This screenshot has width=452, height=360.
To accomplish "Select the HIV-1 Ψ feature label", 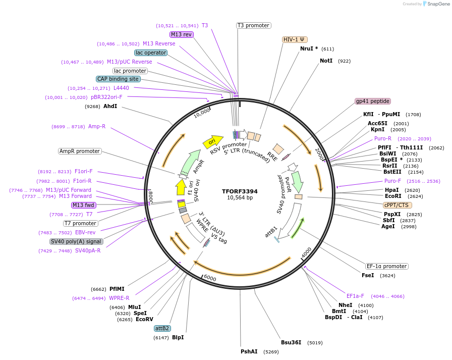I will click(295, 39).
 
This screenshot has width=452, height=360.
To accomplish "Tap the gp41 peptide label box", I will click(373, 101).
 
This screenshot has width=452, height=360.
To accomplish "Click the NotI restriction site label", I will click(326, 61).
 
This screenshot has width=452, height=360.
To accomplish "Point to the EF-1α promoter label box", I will click(386, 266).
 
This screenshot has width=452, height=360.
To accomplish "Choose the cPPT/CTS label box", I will click(398, 205).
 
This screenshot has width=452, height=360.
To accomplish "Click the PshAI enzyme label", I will click(249, 351).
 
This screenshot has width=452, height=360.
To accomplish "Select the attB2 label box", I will click(162, 328).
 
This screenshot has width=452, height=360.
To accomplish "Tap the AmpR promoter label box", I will click(80, 151).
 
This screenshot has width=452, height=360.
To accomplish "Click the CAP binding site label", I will click(118, 79).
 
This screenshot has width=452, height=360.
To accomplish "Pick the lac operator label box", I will click(151, 53).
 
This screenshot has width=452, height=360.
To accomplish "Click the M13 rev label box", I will click(181, 34).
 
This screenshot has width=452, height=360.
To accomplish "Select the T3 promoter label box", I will click(253, 25).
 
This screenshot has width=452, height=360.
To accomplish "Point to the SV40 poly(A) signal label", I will click(76, 241).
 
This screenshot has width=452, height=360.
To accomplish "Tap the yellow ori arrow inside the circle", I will click(212, 141).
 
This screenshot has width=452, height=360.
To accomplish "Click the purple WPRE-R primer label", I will click(119, 298).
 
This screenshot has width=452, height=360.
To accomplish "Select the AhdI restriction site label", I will click(110, 107).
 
